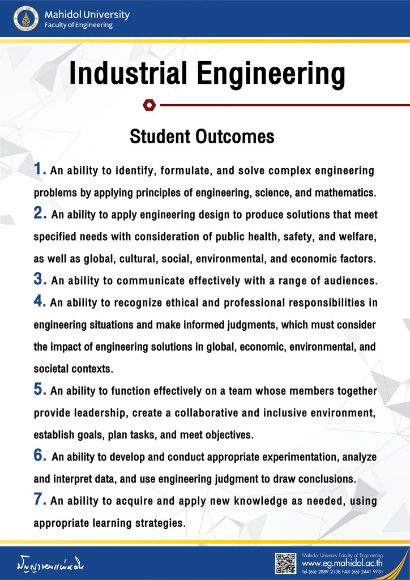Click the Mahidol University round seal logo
coord(24,19)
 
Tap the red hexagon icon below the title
coord(149,105)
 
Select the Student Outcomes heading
coord(202,137)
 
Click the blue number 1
coord(40,169)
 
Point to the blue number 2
coord(40,214)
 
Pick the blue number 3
coord(40,279)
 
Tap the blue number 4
coord(40,301)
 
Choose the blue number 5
coord(40,390)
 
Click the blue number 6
coord(40,455)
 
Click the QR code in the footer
coord(285,563)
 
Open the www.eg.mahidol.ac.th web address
coord(342,564)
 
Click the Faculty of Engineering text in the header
coord(79,25)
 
